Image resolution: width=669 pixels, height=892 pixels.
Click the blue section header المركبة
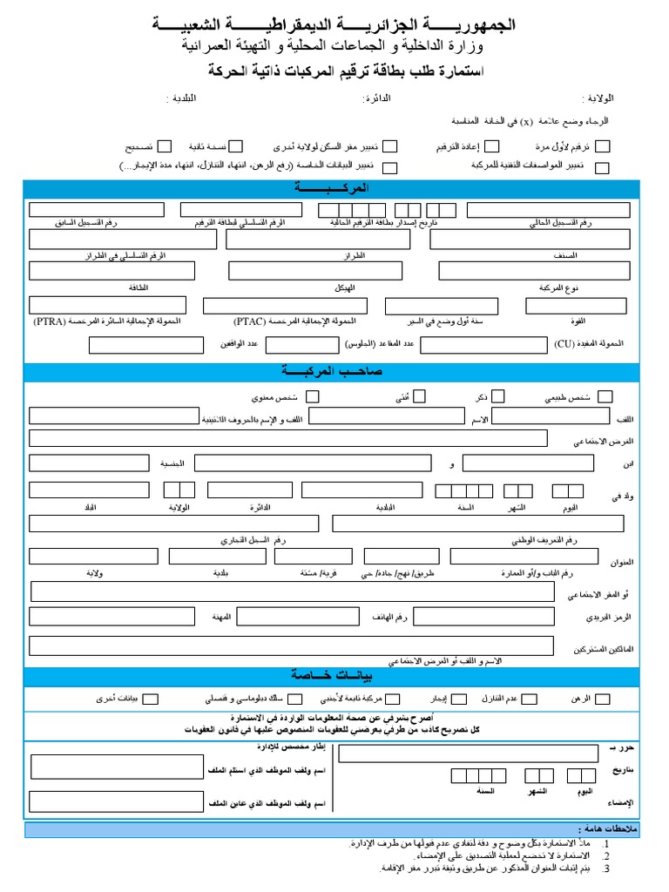tap(332, 188)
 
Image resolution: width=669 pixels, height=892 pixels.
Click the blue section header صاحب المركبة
tap(332, 372)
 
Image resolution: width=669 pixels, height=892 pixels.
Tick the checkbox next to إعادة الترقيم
tap(492, 147)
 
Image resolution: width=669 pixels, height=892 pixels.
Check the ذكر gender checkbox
tap(497, 396)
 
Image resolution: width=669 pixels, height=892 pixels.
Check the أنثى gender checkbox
tap(419, 396)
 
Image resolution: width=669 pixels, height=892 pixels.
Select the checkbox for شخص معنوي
tap(312, 396)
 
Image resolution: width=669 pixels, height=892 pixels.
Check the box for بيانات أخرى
tap(151, 698)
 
